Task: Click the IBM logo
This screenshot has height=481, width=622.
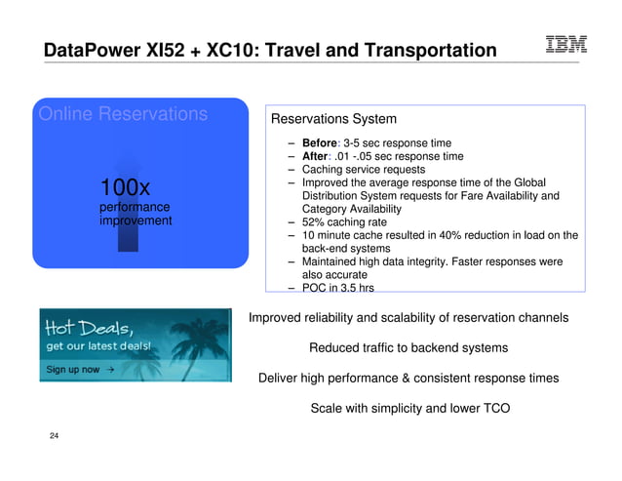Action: pyautogui.click(x=565, y=44)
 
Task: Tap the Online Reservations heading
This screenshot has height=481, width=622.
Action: pyautogui.click(x=123, y=115)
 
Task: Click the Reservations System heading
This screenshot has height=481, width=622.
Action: pyautogui.click(x=333, y=120)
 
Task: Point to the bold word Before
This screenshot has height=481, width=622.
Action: pyautogui.click(x=322, y=142)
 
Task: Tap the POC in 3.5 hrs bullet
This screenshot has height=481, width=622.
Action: pyautogui.click(x=337, y=288)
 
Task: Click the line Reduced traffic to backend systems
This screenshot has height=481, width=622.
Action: pyautogui.click(x=408, y=348)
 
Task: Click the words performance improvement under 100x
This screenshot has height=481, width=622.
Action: pyautogui.click(x=136, y=215)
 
